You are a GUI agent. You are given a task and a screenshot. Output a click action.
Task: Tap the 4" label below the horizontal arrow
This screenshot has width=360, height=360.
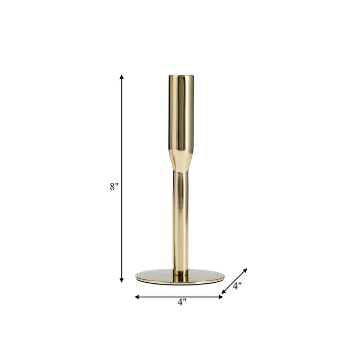point(182,303)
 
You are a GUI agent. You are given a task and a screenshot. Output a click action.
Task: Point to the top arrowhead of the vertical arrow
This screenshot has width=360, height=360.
point(122,77)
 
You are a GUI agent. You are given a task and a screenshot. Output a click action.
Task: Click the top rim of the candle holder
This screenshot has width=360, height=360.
point(181,76)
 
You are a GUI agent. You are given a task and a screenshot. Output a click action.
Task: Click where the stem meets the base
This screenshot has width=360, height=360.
point(180,273)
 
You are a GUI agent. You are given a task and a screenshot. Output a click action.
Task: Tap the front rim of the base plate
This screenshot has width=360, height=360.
point(180,282)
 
